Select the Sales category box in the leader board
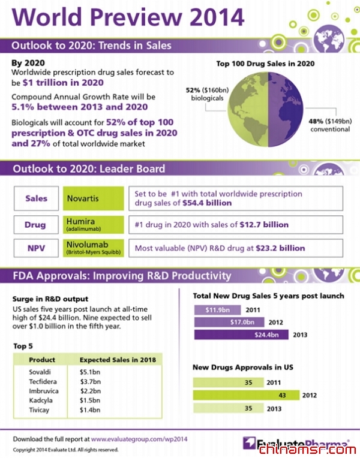pos(36,198)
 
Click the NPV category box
pos(36,248)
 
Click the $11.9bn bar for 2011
pos(216,310)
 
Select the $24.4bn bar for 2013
pos(243,335)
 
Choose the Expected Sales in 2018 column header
pos(118,360)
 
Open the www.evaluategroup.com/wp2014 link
pos(139,439)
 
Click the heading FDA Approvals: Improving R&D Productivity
pos(122,276)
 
